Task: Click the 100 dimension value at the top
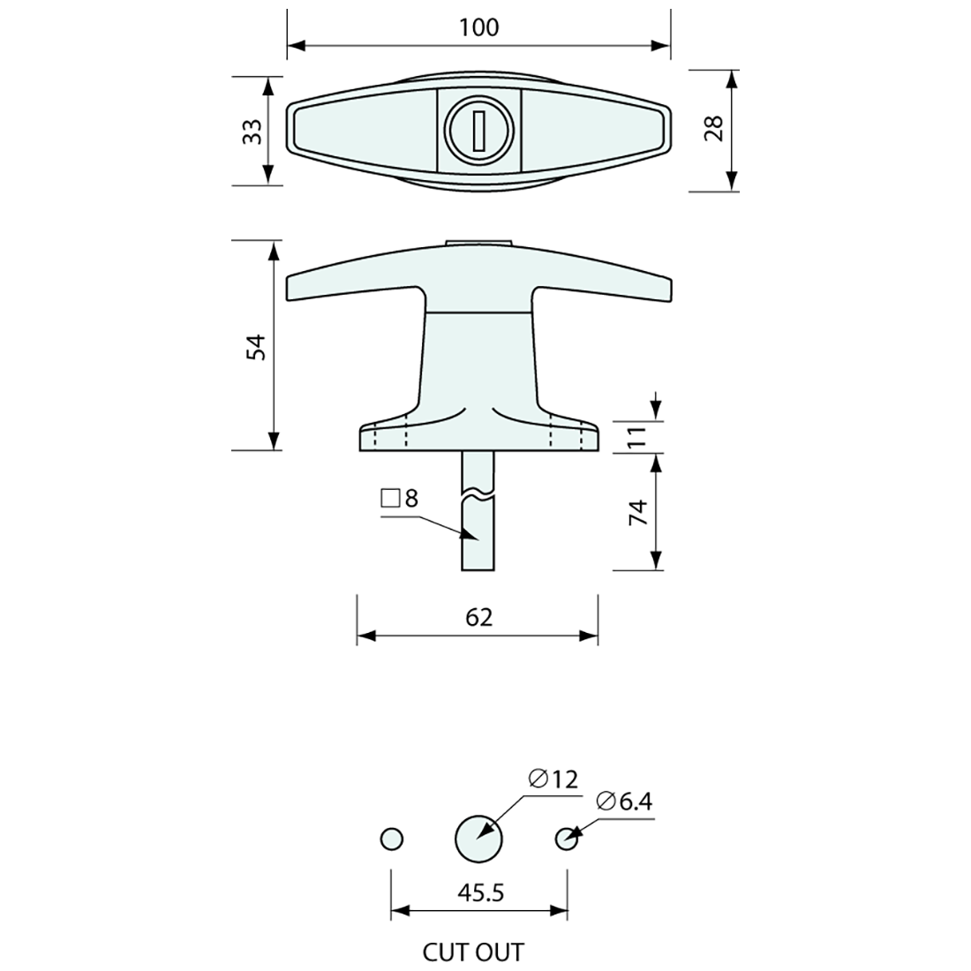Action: tap(478, 27)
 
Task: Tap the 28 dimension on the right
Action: tap(715, 129)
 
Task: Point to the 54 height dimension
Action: tap(254, 346)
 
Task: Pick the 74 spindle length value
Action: tap(638, 511)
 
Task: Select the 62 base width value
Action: tap(478, 617)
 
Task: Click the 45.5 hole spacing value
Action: tap(481, 893)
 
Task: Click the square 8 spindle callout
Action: tap(399, 499)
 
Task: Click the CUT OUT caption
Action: tap(473, 952)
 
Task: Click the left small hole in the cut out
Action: tap(391, 839)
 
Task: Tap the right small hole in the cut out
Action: tap(567, 839)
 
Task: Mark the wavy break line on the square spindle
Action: tap(478, 491)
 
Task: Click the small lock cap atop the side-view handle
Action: tap(478, 242)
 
